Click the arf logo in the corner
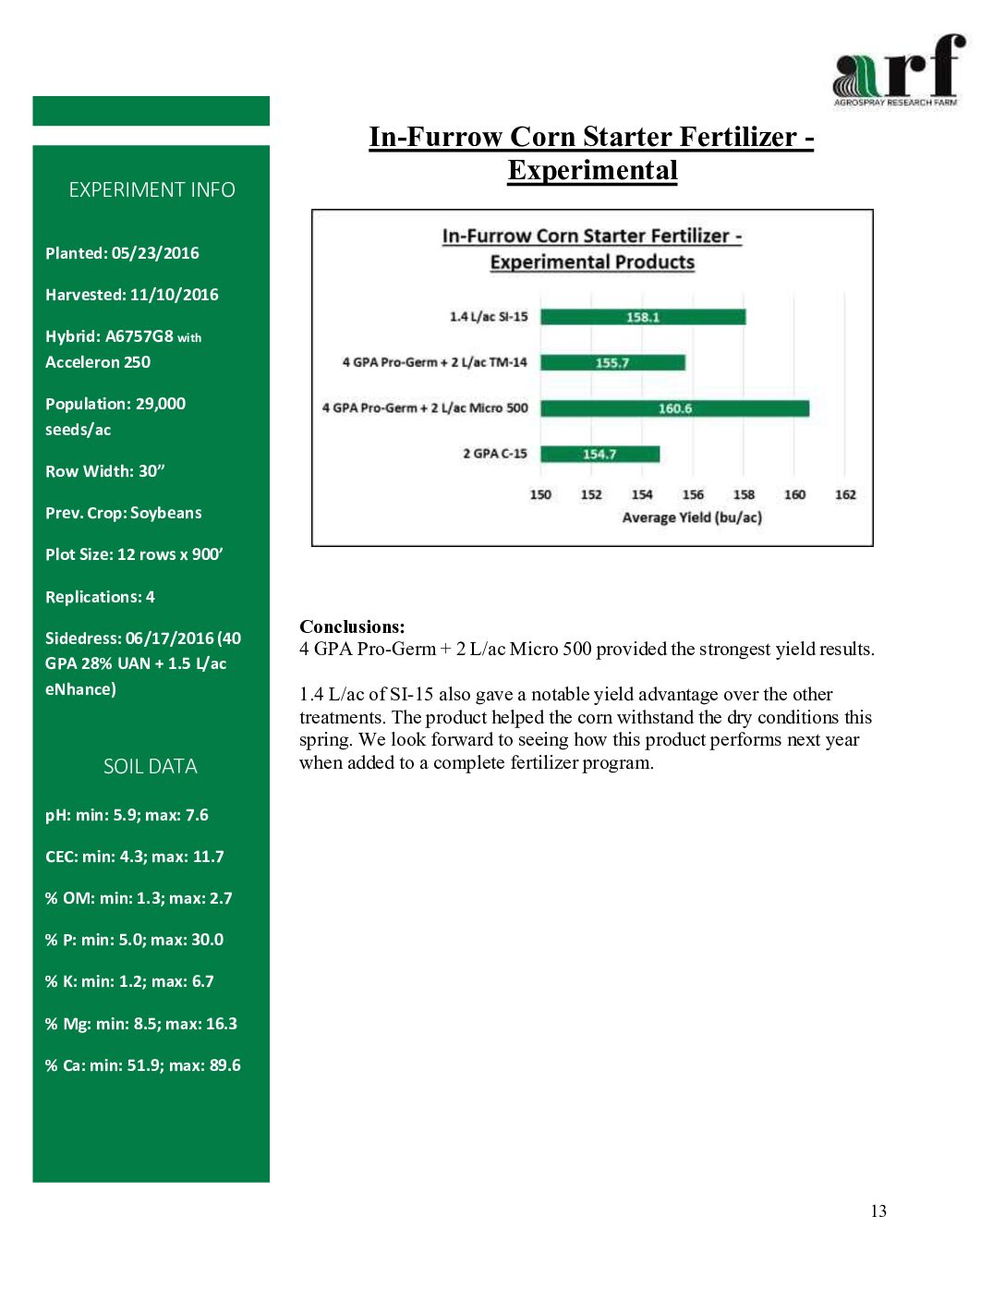point(898,70)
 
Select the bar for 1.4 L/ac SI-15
point(643,317)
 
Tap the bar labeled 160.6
point(674,408)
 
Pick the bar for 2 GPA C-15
point(599,454)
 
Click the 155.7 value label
point(612,363)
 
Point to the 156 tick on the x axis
point(693,494)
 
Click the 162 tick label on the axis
point(845,494)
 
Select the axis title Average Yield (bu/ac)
point(692,517)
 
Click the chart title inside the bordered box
point(592,249)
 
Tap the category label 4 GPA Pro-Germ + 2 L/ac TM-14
point(434,362)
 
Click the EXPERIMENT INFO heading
point(151,189)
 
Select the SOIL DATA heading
point(151,766)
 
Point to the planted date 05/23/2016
point(155,253)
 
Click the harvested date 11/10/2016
point(174,295)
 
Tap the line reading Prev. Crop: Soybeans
point(123,513)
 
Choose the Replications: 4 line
point(100,597)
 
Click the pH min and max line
point(127,815)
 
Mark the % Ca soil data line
point(142,1065)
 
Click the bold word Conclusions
point(352,626)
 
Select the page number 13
point(878,1211)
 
